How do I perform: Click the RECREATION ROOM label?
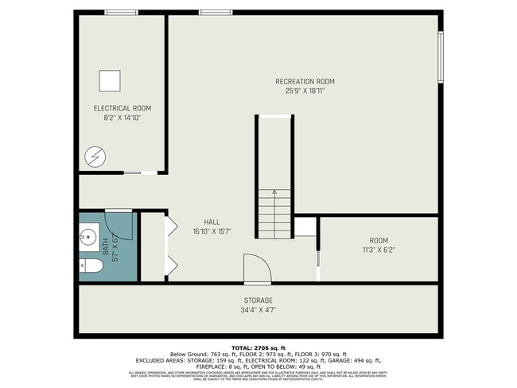click(305, 81)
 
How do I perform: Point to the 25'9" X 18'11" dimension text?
click(305, 91)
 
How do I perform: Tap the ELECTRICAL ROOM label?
click(122, 108)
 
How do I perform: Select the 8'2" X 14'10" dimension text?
click(122, 118)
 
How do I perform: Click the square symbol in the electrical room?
click(110, 80)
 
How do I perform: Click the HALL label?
click(212, 223)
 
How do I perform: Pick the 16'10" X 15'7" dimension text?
click(212, 232)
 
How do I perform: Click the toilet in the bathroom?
click(89, 266)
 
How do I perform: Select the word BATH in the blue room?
click(105, 247)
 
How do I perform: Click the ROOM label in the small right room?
click(379, 240)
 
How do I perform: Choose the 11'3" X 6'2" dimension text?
click(379, 250)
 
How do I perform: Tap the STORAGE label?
click(258, 301)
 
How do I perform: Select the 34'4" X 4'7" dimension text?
click(258, 310)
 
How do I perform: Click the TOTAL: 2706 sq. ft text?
click(258, 348)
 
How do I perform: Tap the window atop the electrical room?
click(122, 12)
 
